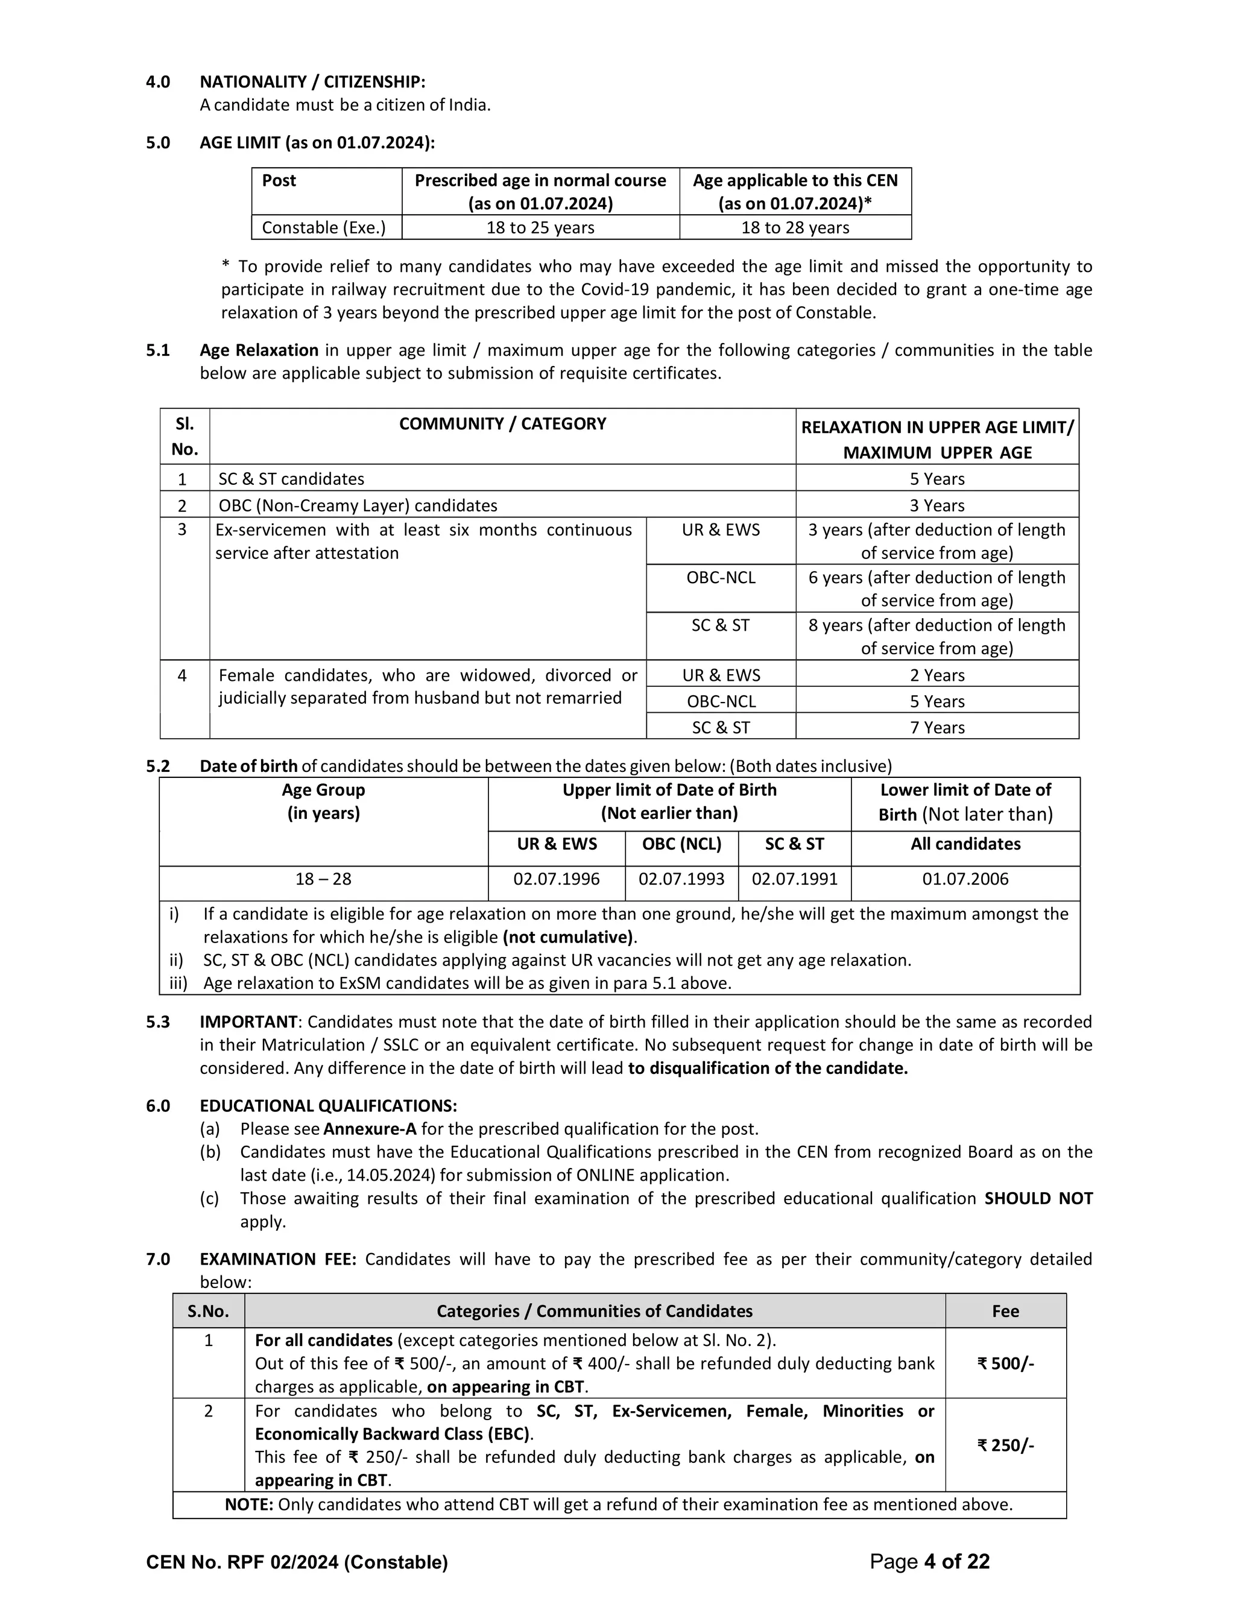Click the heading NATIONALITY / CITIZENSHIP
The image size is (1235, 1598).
(312, 81)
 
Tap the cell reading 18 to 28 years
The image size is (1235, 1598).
(795, 227)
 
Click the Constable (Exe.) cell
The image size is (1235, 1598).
(323, 227)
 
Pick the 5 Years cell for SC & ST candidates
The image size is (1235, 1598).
(937, 479)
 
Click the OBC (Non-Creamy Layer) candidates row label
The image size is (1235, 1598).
(358, 505)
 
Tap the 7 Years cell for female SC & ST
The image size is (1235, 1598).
(937, 727)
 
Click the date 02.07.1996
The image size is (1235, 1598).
(556, 879)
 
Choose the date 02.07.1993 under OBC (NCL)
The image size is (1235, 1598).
(681, 879)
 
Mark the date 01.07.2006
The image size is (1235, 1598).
(965, 879)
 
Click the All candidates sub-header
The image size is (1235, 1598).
(965, 844)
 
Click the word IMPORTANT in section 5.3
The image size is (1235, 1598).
(249, 1022)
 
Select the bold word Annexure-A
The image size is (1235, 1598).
(370, 1128)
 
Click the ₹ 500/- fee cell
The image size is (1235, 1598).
(1005, 1363)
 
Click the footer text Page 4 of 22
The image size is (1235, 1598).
(929, 1562)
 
